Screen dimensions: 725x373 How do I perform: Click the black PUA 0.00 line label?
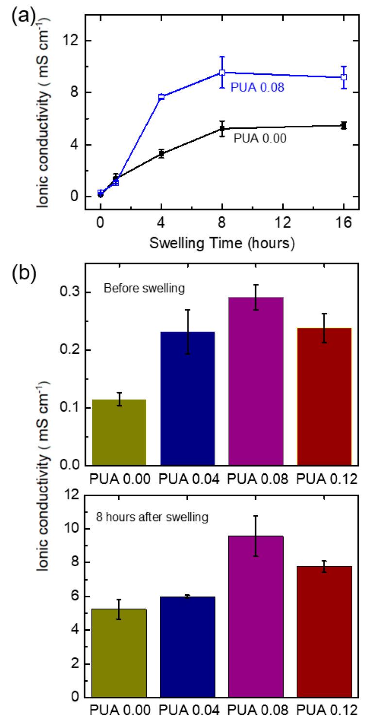click(x=260, y=138)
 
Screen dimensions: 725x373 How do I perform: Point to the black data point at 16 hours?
click(x=343, y=125)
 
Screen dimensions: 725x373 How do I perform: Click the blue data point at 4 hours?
click(x=161, y=97)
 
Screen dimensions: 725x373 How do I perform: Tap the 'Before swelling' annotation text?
click(x=144, y=289)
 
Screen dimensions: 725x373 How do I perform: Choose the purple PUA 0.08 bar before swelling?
click(x=255, y=380)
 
